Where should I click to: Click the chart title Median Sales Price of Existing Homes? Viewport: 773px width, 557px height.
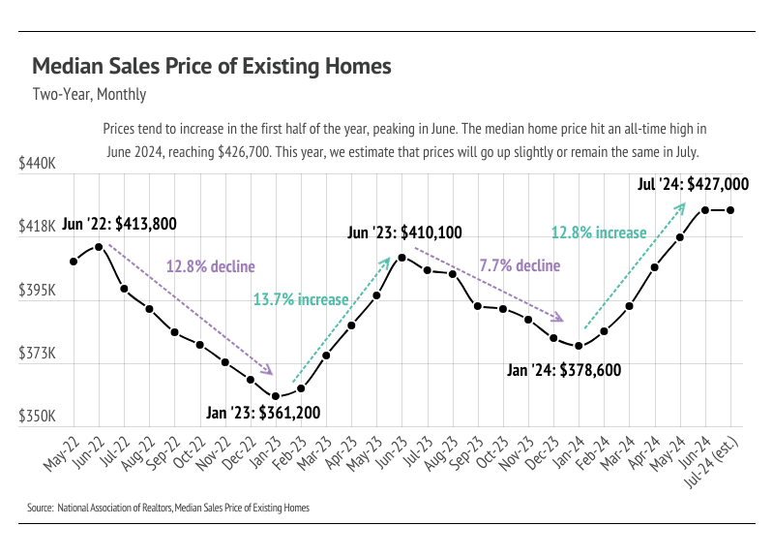pyautogui.click(x=212, y=67)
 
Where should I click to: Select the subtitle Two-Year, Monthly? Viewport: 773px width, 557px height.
pyautogui.click(x=89, y=95)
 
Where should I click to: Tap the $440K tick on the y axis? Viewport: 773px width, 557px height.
pyautogui.click(x=38, y=166)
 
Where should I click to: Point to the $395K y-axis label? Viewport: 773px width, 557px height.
pyautogui.click(x=38, y=292)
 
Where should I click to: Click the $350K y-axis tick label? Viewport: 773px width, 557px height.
pyautogui.click(x=38, y=418)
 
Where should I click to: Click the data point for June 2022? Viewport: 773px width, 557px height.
pyautogui.click(x=99, y=247)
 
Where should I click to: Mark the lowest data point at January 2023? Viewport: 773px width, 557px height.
pyautogui.click(x=276, y=396)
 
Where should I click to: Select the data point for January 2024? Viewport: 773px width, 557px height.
pyautogui.click(x=579, y=346)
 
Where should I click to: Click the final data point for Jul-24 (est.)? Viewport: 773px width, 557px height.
pyautogui.click(x=730, y=210)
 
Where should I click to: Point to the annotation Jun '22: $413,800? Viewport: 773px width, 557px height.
pyautogui.click(x=119, y=224)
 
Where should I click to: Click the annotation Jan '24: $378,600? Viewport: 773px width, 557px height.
pyautogui.click(x=564, y=370)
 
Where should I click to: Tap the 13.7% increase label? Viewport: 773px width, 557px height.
pyautogui.click(x=300, y=299)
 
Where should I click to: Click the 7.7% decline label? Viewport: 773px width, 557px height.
pyautogui.click(x=520, y=265)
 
